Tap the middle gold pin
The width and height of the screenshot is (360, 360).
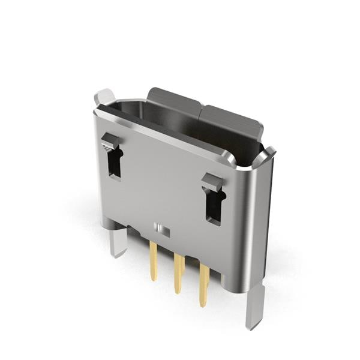pos(178,273)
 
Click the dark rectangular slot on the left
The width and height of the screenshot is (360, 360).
pos(115,163)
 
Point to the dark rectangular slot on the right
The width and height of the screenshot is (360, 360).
pos(214,206)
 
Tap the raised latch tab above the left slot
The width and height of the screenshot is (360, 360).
pos(110,142)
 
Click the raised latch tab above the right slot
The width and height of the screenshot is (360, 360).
pos(212,181)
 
